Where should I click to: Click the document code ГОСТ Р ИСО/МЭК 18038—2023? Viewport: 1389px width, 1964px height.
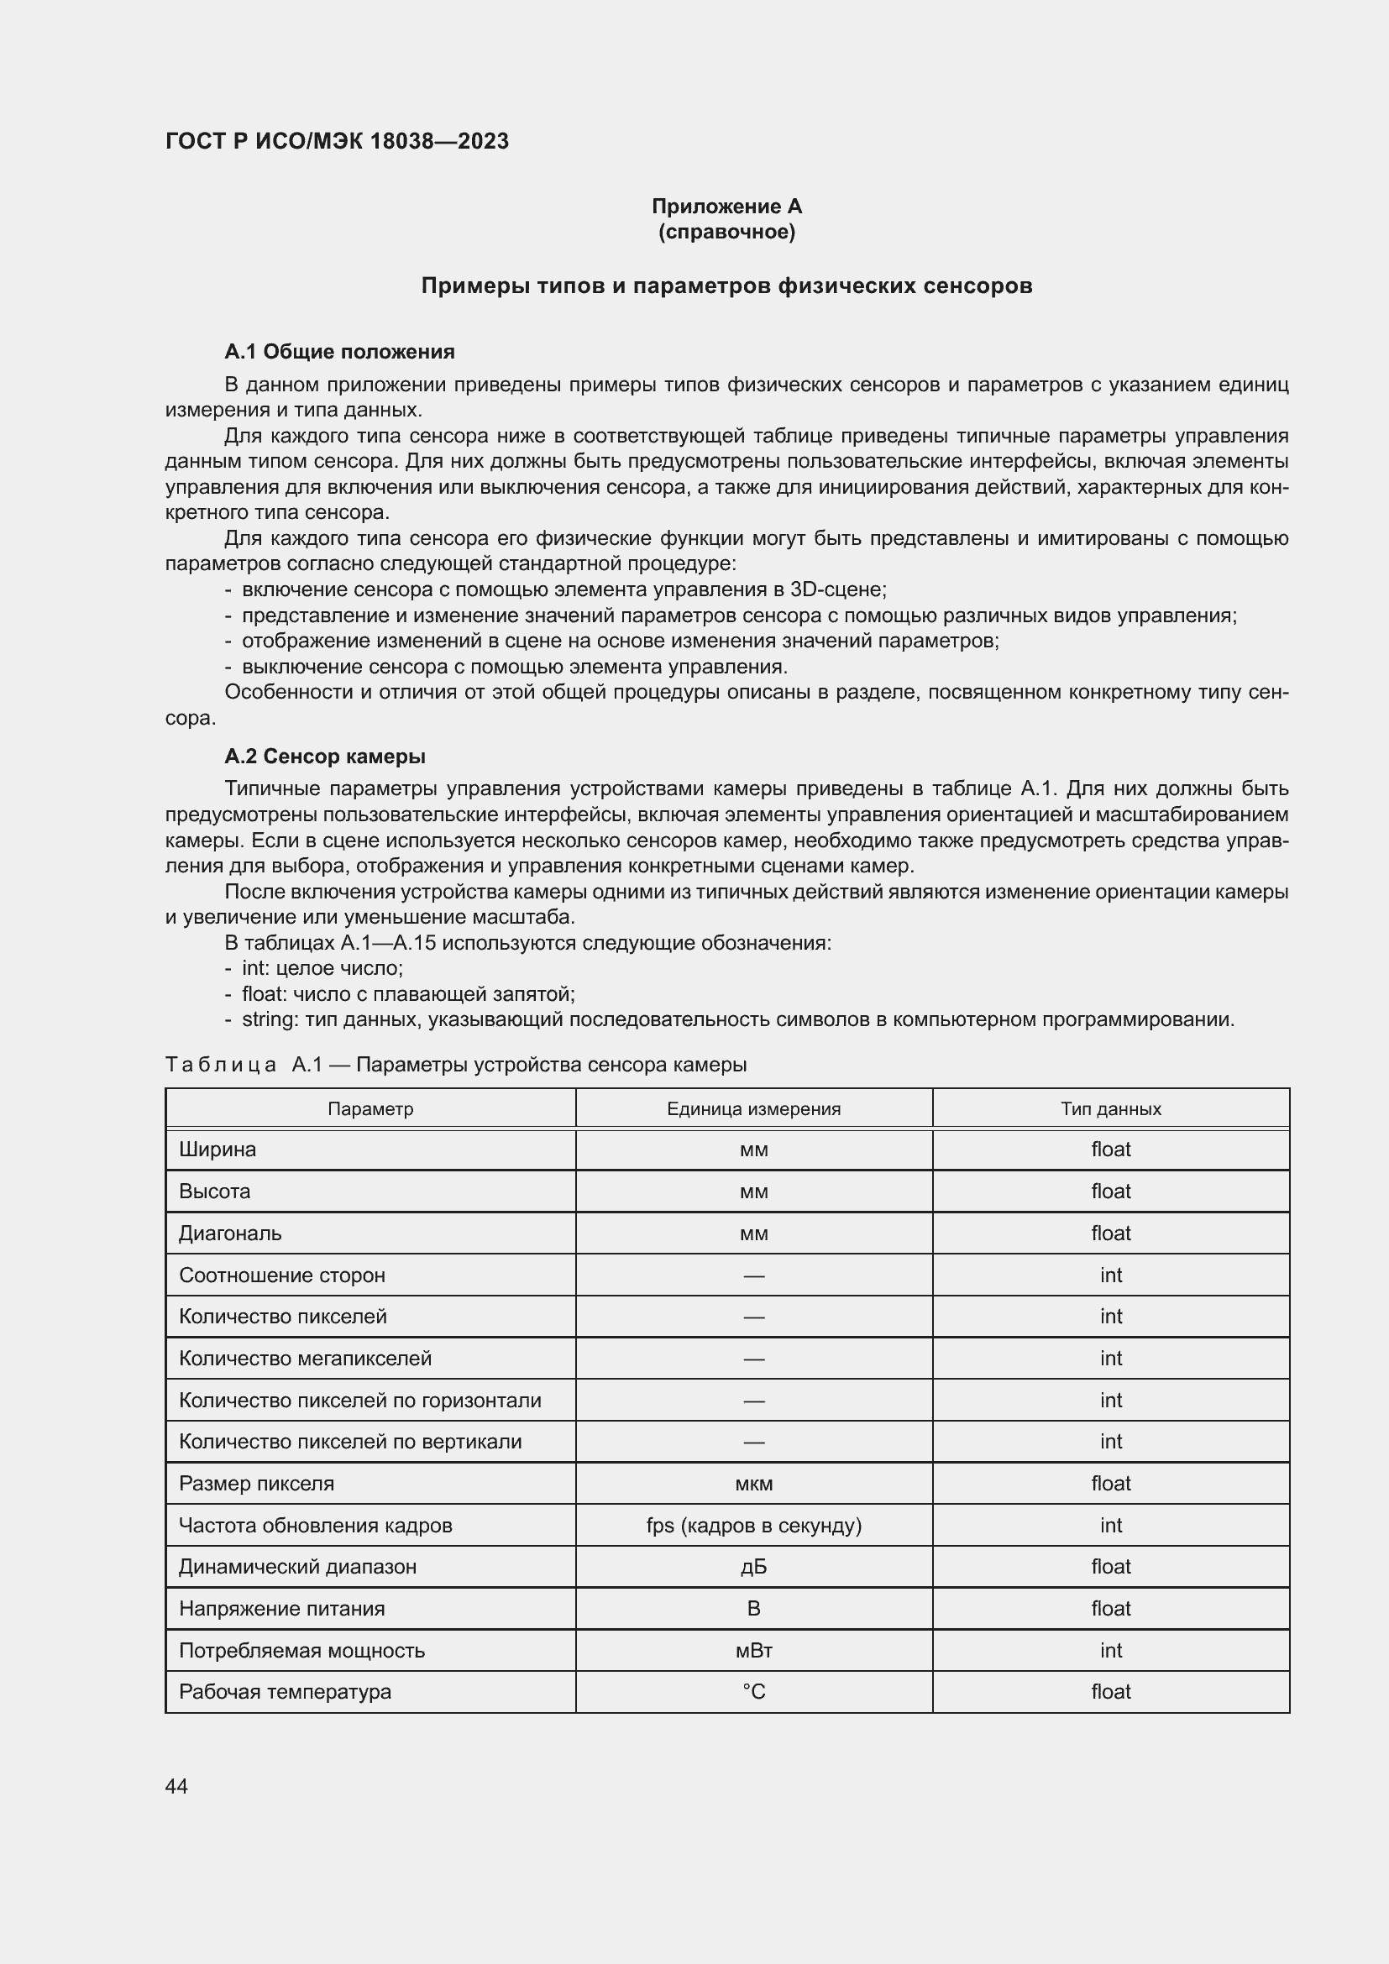[x=336, y=141]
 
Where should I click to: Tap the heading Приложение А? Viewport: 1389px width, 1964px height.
[x=726, y=207]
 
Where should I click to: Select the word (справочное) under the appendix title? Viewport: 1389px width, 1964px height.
[x=726, y=232]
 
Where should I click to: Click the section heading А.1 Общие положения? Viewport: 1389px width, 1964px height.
[x=338, y=352]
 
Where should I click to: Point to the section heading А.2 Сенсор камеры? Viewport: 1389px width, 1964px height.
[x=324, y=757]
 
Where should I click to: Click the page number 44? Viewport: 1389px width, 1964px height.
[x=176, y=1786]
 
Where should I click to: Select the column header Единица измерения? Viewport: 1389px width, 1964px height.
[x=752, y=1108]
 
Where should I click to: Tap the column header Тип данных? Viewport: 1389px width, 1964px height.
[x=1110, y=1108]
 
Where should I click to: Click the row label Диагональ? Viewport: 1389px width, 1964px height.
[x=229, y=1233]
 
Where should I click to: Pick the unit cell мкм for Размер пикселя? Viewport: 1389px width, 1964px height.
[x=752, y=1483]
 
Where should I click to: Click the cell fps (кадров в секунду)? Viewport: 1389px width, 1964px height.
[x=752, y=1525]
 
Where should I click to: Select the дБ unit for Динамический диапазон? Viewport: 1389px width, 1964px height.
[x=752, y=1566]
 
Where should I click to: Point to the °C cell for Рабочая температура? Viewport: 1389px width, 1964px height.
[x=752, y=1691]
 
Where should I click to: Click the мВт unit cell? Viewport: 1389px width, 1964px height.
[x=752, y=1650]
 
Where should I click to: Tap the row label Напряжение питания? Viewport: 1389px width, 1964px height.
[x=281, y=1608]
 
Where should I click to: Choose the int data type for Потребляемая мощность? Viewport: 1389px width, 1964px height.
[x=1110, y=1650]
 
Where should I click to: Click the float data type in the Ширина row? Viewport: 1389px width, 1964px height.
[x=1110, y=1149]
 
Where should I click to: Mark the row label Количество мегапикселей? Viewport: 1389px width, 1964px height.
[x=305, y=1359]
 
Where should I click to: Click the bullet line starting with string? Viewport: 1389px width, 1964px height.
[x=736, y=1019]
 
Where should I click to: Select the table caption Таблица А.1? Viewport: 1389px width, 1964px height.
[x=455, y=1065]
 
